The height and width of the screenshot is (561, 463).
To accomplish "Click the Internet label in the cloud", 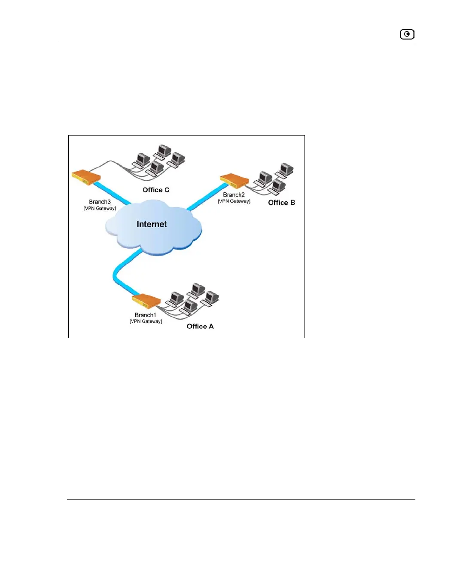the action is (151, 224).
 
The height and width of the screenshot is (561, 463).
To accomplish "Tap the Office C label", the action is (156, 190).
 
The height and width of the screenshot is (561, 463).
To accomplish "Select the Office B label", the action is (281, 203).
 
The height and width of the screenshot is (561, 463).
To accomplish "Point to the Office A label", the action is (200, 326).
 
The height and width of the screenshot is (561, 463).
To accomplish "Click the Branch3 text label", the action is (100, 202).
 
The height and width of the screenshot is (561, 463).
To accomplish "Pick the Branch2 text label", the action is (234, 195).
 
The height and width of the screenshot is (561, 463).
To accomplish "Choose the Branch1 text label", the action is (145, 315).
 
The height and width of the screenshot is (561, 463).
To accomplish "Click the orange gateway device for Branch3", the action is (86, 176).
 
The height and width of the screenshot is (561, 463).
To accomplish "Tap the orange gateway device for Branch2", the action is (234, 180).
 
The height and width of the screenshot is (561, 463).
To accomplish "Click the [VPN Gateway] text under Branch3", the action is (100, 208).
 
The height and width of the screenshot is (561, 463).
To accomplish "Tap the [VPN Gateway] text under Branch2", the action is (234, 201).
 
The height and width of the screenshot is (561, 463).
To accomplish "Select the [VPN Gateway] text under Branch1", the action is (146, 321).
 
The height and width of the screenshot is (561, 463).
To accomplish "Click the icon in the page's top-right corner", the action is (407, 34).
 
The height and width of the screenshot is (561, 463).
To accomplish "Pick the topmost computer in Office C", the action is (164, 151).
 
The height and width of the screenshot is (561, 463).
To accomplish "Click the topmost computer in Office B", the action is (286, 169).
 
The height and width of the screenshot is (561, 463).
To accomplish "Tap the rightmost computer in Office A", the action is (211, 297).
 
